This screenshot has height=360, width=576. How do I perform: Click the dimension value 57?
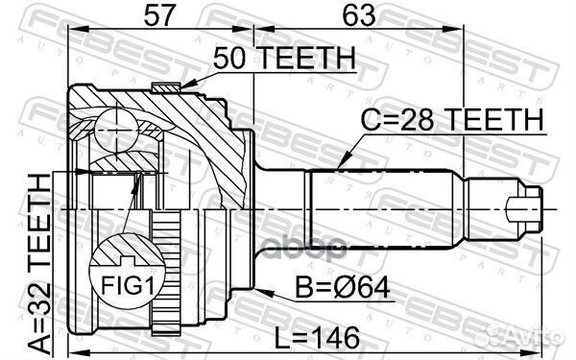tap(161, 15)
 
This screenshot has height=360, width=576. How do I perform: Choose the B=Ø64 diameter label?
tap(324, 286)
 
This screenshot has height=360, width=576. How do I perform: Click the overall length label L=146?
tap(317, 337)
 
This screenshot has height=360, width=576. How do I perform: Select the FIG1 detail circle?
tap(122, 270)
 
